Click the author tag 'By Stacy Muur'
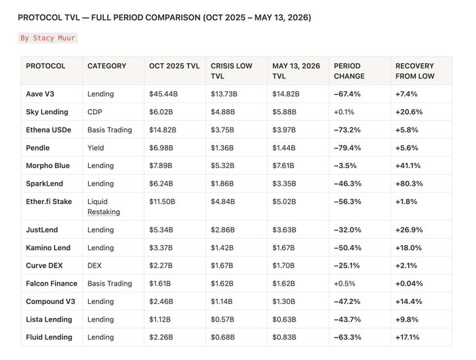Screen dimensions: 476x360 [48, 38]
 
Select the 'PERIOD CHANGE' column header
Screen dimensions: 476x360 [349, 71]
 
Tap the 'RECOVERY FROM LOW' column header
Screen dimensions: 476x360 [414, 71]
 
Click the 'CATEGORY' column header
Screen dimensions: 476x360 [106, 66]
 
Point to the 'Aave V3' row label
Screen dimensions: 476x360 [40, 94]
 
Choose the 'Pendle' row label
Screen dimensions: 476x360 [38, 148]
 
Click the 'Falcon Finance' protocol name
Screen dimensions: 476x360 [52, 284]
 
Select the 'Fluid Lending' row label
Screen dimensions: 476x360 [49, 337]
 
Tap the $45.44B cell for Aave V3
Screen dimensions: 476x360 [163, 94]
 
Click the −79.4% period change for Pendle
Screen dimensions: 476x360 [347, 148]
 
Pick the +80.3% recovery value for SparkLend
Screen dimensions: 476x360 [409, 184]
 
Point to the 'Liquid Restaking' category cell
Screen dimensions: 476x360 [104, 207]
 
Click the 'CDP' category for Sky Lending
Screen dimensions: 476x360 [94, 112]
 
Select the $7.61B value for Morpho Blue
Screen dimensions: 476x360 [283, 165]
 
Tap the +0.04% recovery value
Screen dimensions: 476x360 [409, 284]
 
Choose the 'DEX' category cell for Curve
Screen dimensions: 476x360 [94, 265]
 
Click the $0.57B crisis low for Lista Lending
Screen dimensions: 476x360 [222, 319]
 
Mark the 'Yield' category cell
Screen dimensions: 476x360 [96, 148]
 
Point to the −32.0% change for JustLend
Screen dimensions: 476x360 [347, 230]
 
